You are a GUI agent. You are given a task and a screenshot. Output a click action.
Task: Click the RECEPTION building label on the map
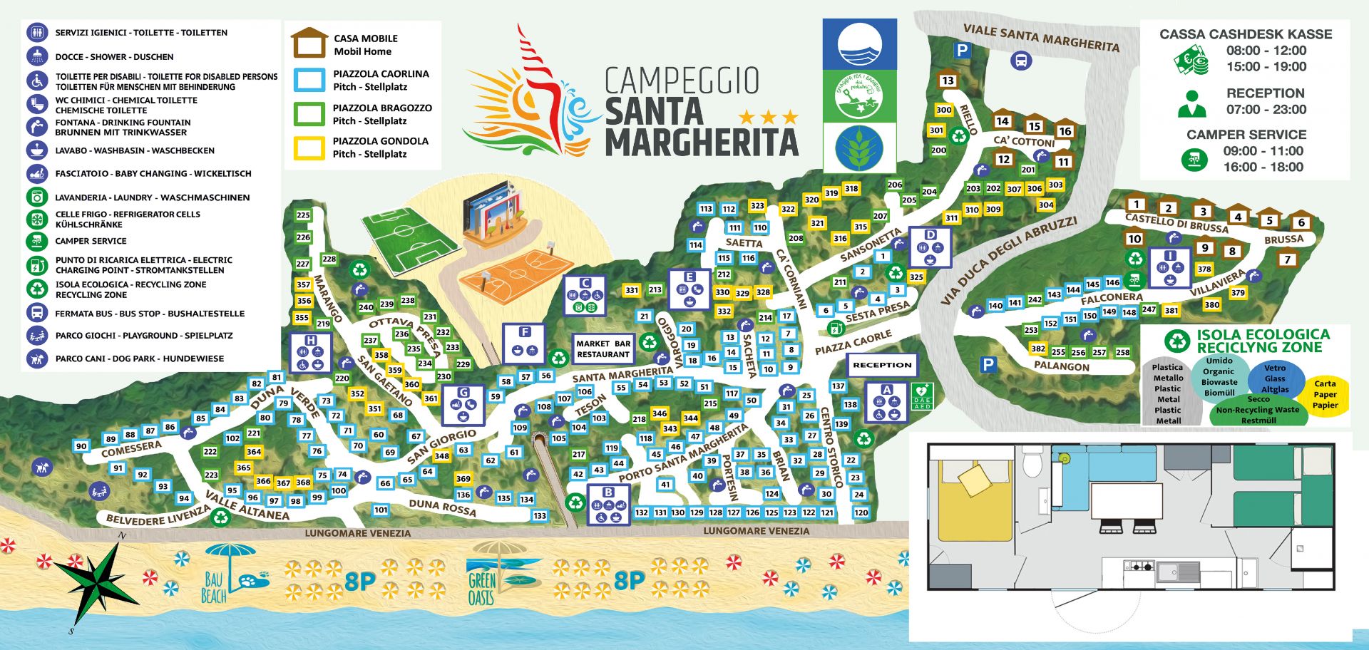(x=882, y=365)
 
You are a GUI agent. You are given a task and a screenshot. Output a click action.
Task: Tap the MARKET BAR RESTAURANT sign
(x=603, y=349)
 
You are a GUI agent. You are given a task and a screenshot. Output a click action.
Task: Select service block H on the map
(x=311, y=353)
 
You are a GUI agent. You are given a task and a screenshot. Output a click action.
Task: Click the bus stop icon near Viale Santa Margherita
(x=1021, y=60)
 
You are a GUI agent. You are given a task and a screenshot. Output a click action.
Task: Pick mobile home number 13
(x=947, y=80)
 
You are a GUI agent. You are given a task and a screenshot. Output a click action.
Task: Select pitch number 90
(x=81, y=446)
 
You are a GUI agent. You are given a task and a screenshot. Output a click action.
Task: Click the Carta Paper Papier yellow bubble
(x=1325, y=394)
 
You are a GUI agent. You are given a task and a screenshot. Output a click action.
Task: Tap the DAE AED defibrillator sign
(x=921, y=396)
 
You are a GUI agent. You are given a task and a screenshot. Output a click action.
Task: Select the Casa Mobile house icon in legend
(x=309, y=43)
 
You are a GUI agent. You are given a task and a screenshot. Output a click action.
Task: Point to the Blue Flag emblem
(x=859, y=44)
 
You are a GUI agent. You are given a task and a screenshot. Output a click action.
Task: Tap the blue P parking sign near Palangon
(x=988, y=364)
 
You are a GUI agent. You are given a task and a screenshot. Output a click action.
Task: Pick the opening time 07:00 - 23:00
(x=1266, y=109)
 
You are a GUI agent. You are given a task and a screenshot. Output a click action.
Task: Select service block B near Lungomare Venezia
(x=608, y=505)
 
